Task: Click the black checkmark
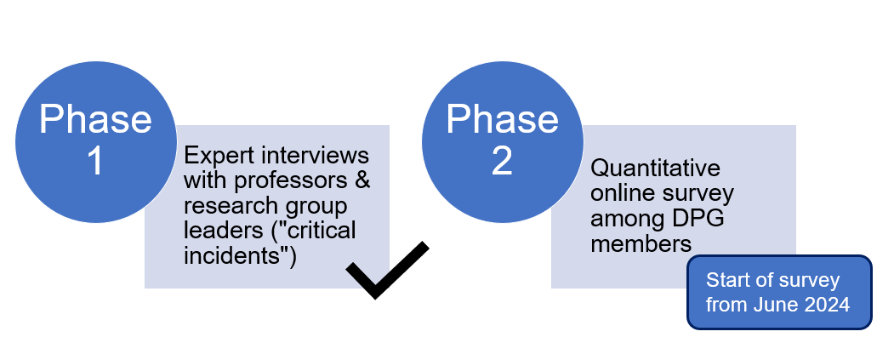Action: pyautogui.click(x=387, y=271)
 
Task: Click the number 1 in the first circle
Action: pyautogui.click(x=95, y=161)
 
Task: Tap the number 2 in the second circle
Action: pyautogui.click(x=502, y=161)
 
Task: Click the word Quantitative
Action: pyautogui.click(x=655, y=168)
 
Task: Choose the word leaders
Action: pyautogui.click(x=213, y=231)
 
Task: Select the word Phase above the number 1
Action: pyautogui.click(x=95, y=120)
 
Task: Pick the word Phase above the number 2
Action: pyautogui.click(x=502, y=120)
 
